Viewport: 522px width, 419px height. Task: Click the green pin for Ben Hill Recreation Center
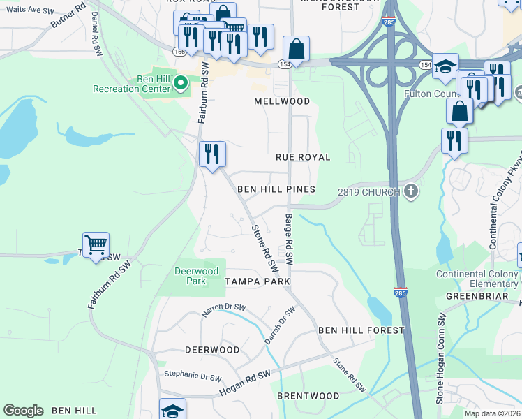181,84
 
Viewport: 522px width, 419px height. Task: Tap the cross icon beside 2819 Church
412,191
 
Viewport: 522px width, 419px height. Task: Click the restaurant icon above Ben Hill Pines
212,154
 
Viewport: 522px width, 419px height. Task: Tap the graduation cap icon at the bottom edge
172,411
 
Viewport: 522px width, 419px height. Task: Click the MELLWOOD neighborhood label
282,101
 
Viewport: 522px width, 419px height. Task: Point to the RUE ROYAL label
303,157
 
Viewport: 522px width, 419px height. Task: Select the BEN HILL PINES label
276,189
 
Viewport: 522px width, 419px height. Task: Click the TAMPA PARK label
257,281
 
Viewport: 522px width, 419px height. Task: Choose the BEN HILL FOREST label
361,330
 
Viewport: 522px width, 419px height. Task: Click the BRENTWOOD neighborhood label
308,396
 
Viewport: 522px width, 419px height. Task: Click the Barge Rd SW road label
288,240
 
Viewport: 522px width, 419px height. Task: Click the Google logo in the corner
24,410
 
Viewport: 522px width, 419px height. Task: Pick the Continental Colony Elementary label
477,279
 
